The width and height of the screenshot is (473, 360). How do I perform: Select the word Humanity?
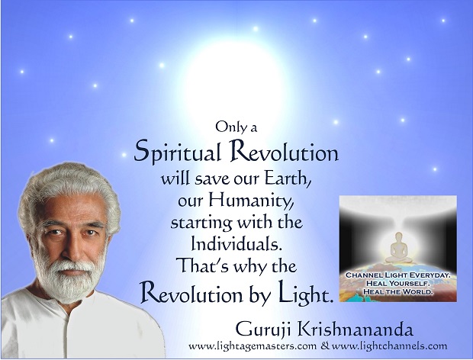pos(251,201)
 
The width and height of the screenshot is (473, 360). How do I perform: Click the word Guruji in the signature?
pos(264,330)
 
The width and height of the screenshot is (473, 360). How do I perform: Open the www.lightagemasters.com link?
pos(253,346)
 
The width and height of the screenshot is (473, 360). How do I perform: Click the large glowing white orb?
pos(232,78)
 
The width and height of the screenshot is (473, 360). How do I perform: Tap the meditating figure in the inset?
pos(398,248)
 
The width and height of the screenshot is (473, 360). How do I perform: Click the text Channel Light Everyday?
pos(398,275)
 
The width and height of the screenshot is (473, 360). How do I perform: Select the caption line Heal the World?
pos(398,291)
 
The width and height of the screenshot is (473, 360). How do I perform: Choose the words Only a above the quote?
pos(236,127)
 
